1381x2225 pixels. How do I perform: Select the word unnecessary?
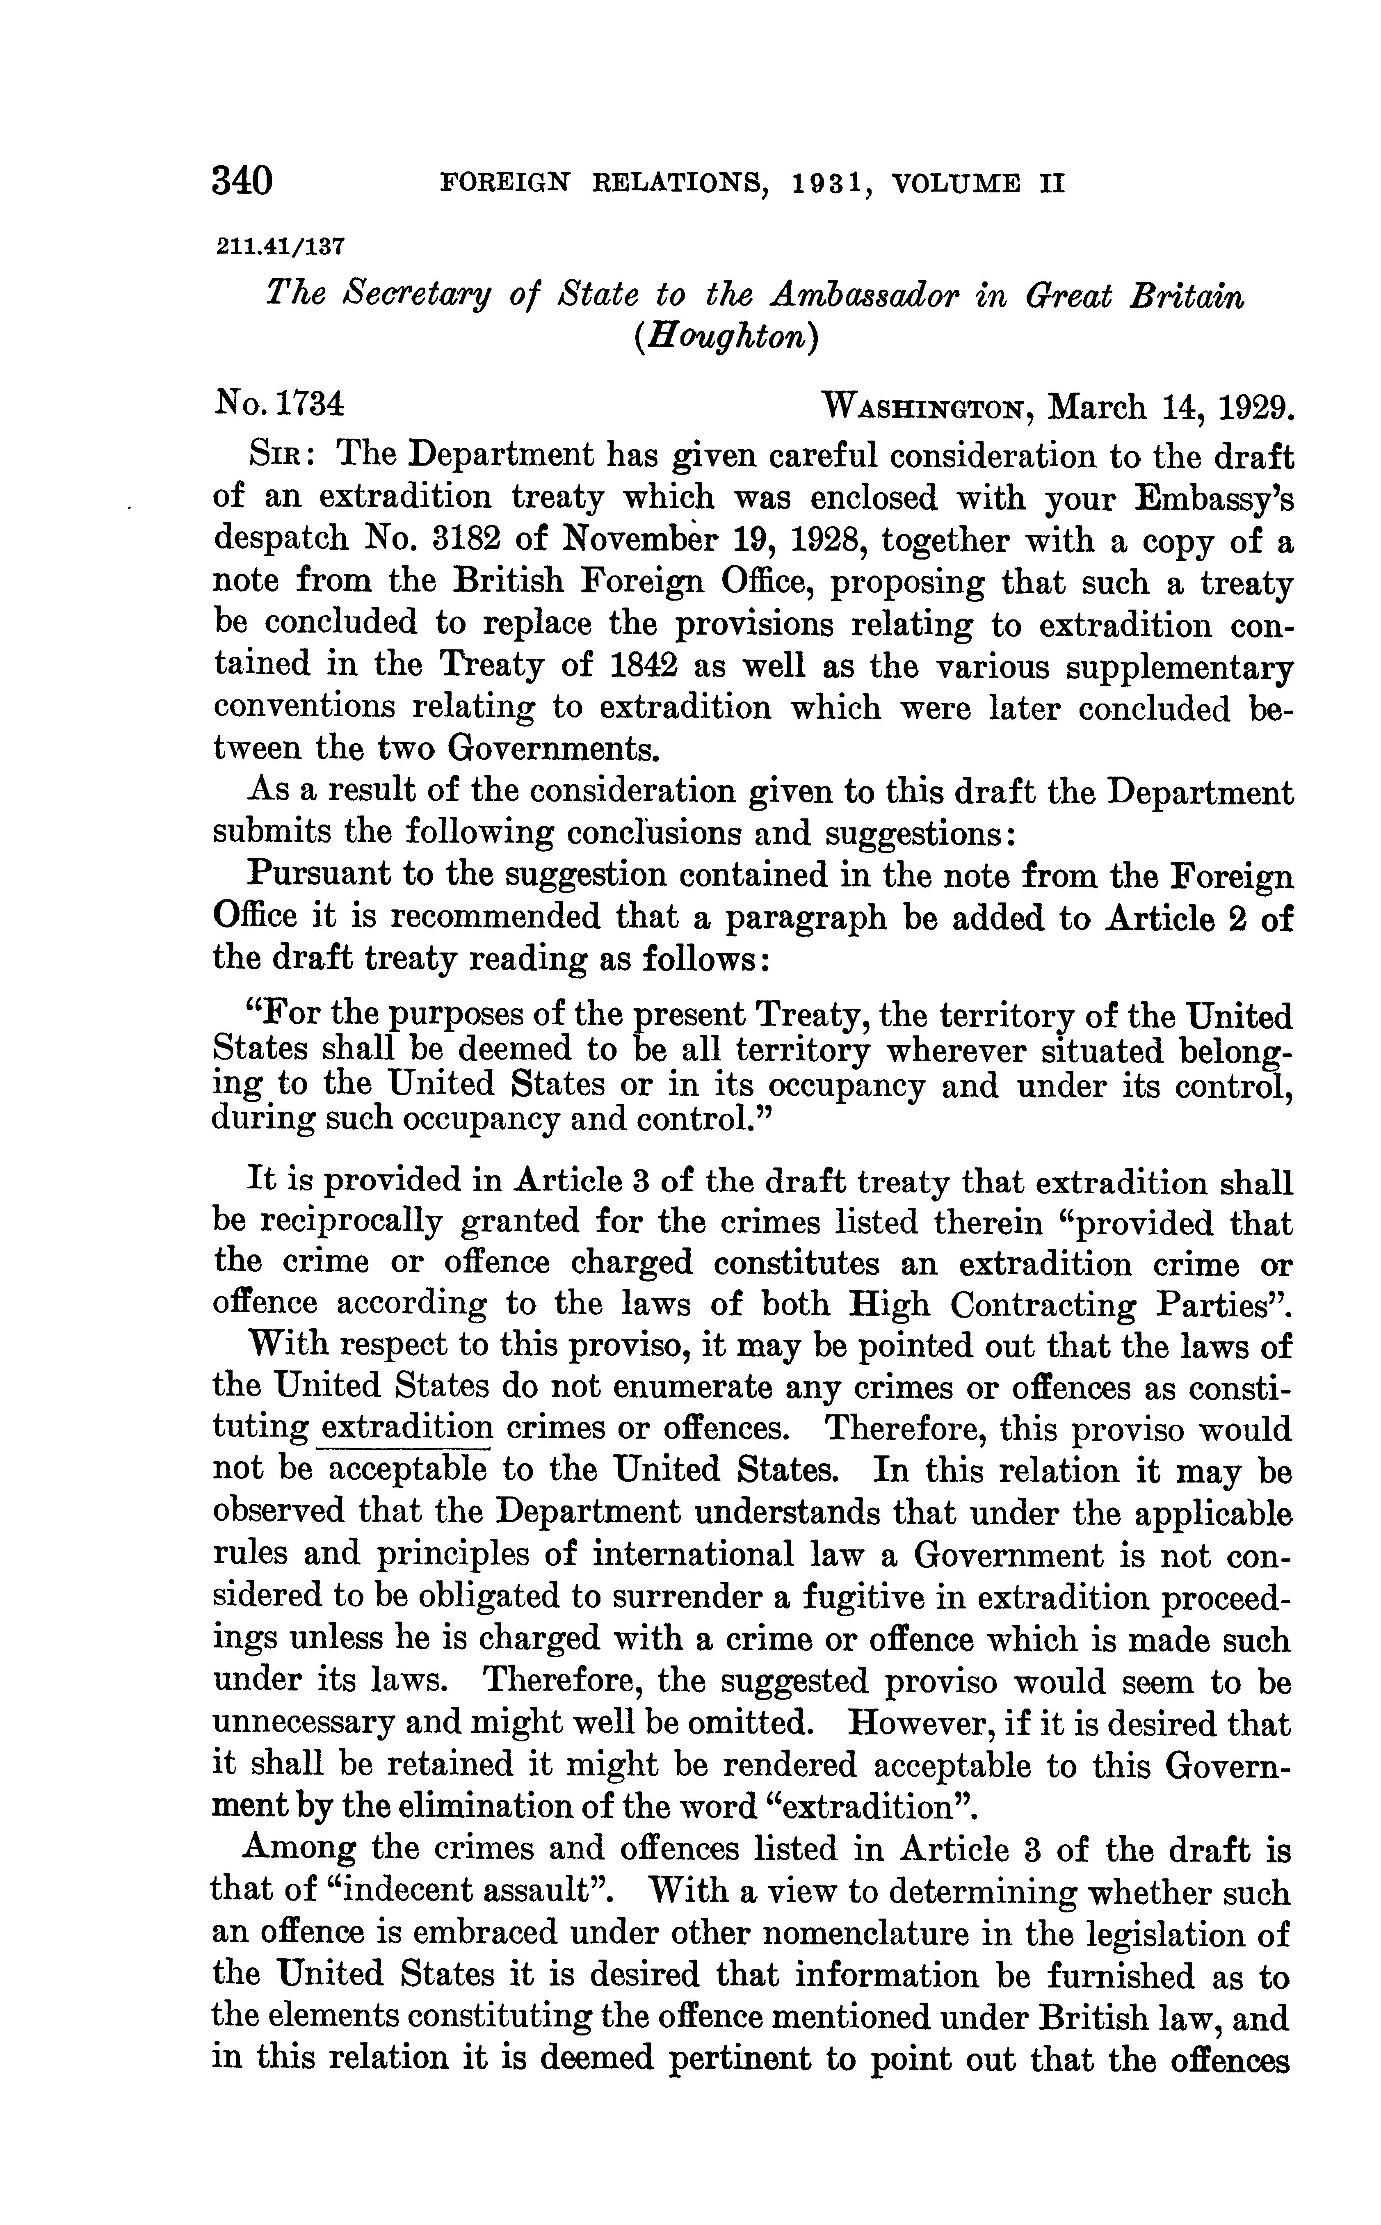click(304, 1725)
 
